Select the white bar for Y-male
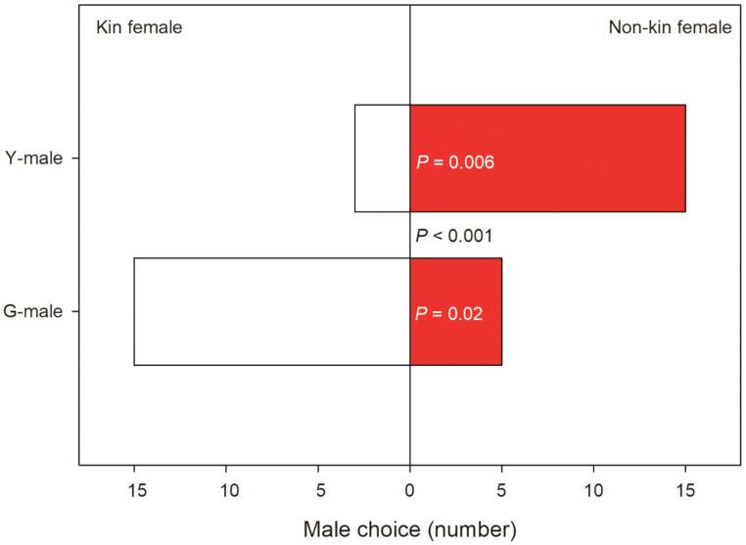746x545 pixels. click(382, 158)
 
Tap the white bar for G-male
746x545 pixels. click(271, 311)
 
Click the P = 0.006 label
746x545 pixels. click(455, 162)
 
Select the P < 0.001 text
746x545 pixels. click(453, 236)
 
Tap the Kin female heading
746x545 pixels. click(138, 28)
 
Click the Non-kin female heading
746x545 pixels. click(670, 28)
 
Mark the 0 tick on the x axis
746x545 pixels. click(409, 488)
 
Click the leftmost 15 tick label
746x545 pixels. click(135, 488)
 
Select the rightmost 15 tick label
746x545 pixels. click(685, 488)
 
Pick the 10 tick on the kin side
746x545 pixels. click(227, 488)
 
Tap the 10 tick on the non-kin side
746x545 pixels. click(593, 488)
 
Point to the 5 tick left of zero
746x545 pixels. click(318, 488)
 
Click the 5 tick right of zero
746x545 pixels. click(501, 488)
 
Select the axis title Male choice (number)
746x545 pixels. click(409, 529)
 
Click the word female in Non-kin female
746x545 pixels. click(702, 28)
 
